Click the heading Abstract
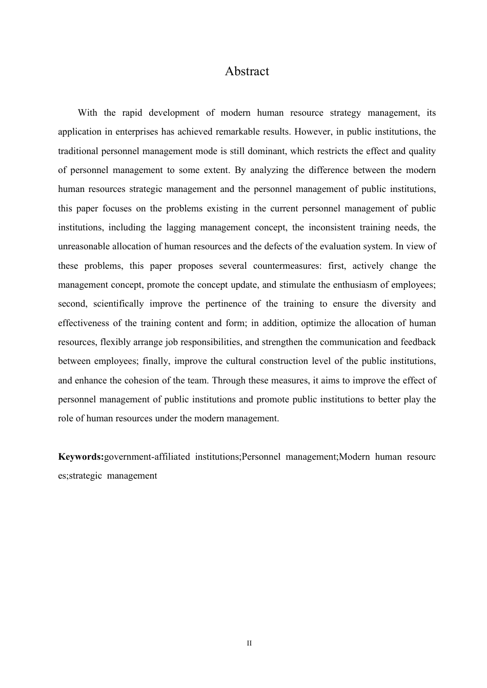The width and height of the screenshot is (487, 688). pos(247,71)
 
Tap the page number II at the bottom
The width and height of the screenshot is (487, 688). pos(249,643)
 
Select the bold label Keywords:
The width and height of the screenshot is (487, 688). pos(81,457)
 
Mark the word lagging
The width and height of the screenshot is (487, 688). pos(184,227)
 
